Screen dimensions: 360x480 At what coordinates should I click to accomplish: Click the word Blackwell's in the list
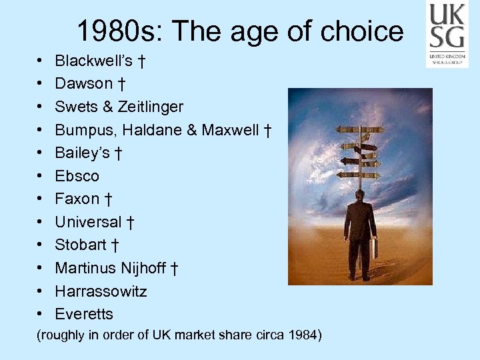[x=93, y=61]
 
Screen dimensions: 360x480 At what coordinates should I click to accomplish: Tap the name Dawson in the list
[x=84, y=84]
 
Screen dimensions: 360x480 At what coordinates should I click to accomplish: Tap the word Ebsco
[x=77, y=176]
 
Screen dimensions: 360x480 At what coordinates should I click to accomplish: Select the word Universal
[x=89, y=222]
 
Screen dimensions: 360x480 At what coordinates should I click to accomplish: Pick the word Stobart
[x=81, y=245]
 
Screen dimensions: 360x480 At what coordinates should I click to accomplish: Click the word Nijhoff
[x=142, y=269]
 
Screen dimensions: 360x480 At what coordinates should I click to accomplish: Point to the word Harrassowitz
[x=101, y=291]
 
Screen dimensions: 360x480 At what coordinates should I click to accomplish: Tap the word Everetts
[x=84, y=314]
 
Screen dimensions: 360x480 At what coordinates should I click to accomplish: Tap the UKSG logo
[x=447, y=33]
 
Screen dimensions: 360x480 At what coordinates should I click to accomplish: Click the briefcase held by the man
[x=375, y=249]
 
